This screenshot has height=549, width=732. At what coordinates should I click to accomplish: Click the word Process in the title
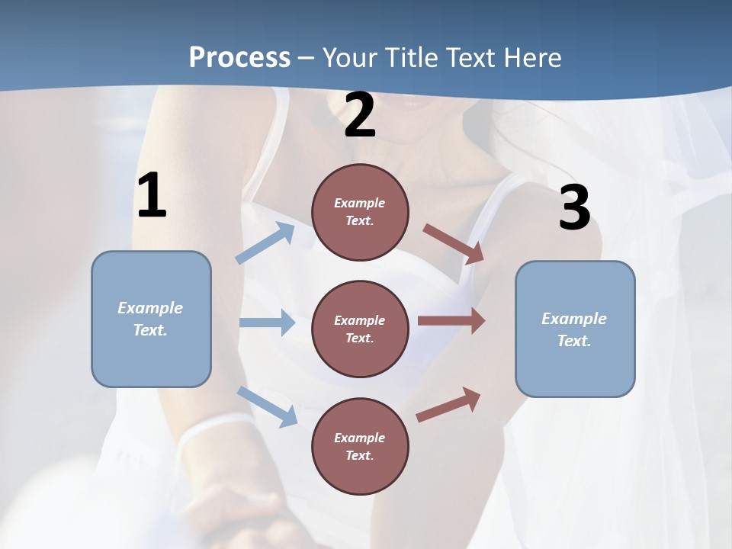pos(239,57)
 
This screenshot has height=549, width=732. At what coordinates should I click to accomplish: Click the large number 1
pos(152,196)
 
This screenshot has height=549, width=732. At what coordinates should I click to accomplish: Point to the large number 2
pos(360,115)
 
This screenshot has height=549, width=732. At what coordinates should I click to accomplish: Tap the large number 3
pos(574,208)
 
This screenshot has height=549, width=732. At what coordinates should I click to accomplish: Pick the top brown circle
pos(360,212)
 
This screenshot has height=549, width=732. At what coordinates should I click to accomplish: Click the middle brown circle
pos(360,329)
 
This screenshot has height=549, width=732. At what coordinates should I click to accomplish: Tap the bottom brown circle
pos(360,447)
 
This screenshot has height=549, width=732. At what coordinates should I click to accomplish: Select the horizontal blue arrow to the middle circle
pos(267,323)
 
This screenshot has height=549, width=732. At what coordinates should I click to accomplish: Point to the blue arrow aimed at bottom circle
pos(267,406)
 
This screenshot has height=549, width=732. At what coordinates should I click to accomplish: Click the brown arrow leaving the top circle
pos(453,243)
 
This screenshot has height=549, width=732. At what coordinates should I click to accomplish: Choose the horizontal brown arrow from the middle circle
pos(451,321)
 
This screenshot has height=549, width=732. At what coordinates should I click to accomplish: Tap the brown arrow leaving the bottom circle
pos(448,405)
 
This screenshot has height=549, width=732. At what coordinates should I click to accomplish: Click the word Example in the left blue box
pos(150,308)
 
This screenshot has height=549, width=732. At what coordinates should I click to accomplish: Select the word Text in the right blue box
pos(573,341)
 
